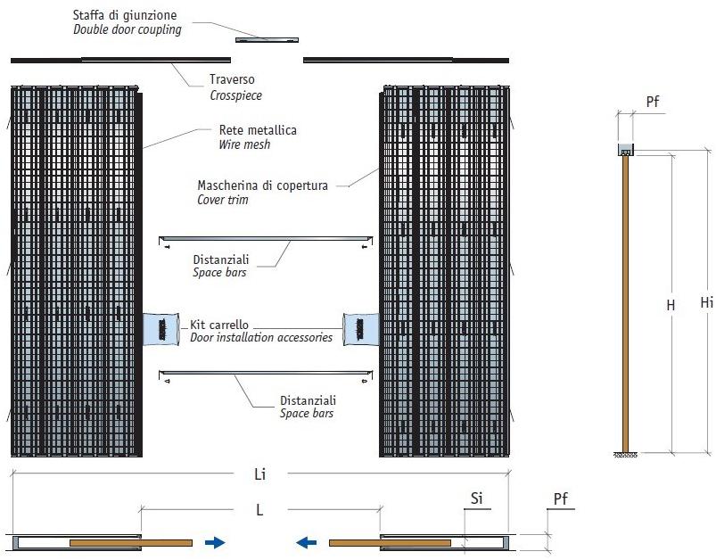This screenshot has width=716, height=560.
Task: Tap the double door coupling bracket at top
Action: click(267, 39)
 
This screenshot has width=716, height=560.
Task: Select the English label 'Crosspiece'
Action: click(235, 95)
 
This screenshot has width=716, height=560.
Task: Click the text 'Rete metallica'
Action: click(258, 130)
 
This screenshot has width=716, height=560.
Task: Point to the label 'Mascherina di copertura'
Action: click(262, 185)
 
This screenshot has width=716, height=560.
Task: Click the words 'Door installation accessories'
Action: click(261, 338)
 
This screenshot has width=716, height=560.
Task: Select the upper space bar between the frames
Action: click(264, 238)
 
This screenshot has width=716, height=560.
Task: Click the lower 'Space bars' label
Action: click(307, 414)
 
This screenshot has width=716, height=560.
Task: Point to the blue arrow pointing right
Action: click(214, 541)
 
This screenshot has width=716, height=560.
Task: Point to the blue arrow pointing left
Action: click(308, 541)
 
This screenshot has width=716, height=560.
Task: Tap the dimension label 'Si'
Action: click(477, 500)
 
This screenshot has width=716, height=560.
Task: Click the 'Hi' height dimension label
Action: click(706, 303)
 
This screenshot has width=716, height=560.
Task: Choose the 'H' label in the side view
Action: click(671, 305)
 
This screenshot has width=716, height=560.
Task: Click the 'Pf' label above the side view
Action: click(654, 103)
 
